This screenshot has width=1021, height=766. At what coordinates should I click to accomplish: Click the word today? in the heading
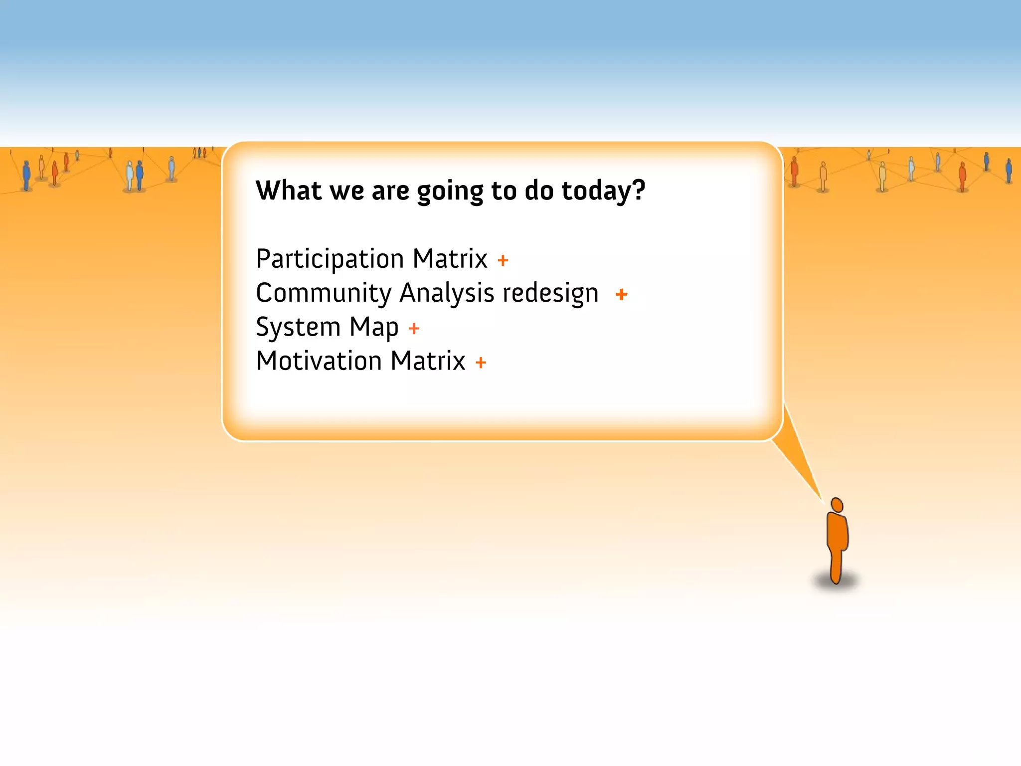point(603,191)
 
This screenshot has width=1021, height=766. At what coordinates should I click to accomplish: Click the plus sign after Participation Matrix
point(503,260)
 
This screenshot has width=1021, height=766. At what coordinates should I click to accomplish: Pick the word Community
point(324,293)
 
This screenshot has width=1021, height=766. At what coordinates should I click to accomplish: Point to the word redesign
point(550,293)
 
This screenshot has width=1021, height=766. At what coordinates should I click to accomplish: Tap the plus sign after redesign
point(621,294)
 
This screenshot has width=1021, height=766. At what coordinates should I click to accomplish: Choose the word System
point(298,328)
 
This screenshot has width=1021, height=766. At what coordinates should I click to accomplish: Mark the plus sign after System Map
point(414,329)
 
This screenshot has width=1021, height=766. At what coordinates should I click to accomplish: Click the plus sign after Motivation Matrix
point(481,363)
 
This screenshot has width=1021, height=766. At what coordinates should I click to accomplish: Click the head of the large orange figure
point(837,505)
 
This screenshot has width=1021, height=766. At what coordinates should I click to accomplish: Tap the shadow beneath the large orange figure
point(837,581)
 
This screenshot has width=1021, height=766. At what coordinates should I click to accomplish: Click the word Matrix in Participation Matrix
point(450,259)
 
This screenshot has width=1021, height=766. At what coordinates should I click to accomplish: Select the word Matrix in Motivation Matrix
point(428,361)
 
